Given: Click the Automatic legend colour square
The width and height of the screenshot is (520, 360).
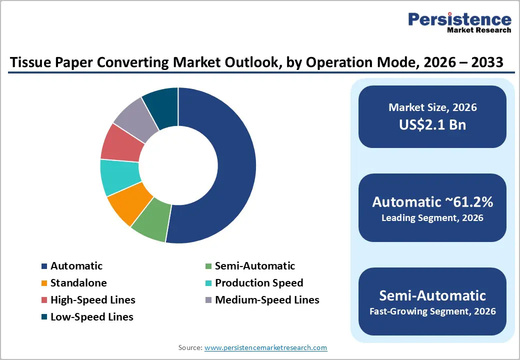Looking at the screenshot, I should click(x=44, y=266).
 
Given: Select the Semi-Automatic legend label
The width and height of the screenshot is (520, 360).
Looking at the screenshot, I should click(x=255, y=266).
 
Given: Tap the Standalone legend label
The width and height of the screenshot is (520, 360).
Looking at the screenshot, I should click(x=78, y=283).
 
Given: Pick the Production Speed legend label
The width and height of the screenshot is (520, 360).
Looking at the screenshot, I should click(x=259, y=283).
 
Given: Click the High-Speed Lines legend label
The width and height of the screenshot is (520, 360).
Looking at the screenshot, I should click(x=92, y=300).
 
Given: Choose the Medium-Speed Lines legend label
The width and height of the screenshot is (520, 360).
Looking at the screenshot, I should click(x=267, y=300).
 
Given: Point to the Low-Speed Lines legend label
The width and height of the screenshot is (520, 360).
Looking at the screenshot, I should click(x=91, y=317).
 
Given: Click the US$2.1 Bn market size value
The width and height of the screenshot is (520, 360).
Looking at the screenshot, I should click(x=432, y=124).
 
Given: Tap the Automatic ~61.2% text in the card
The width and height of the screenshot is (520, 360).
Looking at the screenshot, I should click(x=432, y=202).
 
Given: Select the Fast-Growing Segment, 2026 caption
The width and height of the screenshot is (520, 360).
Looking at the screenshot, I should click(x=432, y=311).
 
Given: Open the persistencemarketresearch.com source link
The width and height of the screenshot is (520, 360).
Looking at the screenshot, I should click(x=265, y=347).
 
